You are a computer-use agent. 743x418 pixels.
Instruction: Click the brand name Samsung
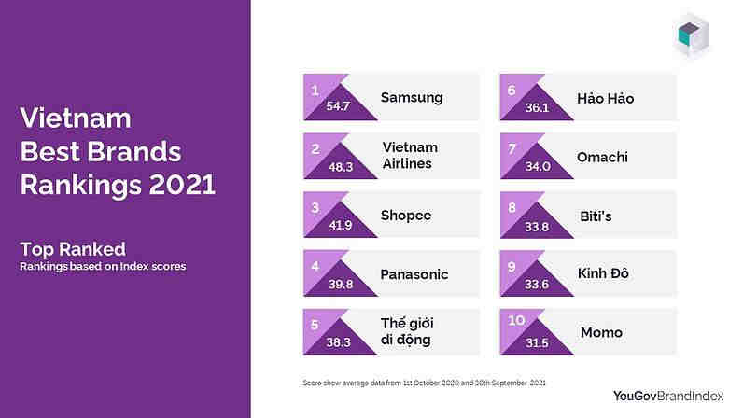point(412,98)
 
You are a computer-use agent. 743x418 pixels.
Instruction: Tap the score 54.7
point(338,106)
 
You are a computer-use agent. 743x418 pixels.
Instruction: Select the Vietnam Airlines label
point(410,156)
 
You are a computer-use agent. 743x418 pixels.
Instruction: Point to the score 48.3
point(340,167)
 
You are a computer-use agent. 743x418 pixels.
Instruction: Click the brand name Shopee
point(406,216)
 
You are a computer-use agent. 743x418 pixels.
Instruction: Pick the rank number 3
point(315,207)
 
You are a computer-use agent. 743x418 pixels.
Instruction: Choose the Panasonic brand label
point(414,274)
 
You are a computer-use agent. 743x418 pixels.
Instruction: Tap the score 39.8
point(340,284)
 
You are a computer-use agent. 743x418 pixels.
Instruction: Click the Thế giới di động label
point(407,331)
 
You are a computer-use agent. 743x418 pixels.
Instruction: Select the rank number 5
point(315,325)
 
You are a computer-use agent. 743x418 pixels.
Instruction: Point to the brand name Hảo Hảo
point(605,98)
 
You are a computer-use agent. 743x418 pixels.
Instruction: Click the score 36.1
point(537,107)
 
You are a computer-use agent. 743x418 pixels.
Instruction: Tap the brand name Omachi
point(602,157)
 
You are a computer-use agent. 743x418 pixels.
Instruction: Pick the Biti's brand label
point(596,216)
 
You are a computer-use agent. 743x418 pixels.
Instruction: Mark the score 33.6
point(537,284)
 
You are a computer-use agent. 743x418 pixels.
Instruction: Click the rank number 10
point(516,320)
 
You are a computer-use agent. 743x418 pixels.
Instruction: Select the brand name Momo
point(601,333)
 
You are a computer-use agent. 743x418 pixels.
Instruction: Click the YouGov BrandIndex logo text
point(668,397)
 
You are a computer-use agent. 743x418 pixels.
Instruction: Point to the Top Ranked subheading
point(73,249)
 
